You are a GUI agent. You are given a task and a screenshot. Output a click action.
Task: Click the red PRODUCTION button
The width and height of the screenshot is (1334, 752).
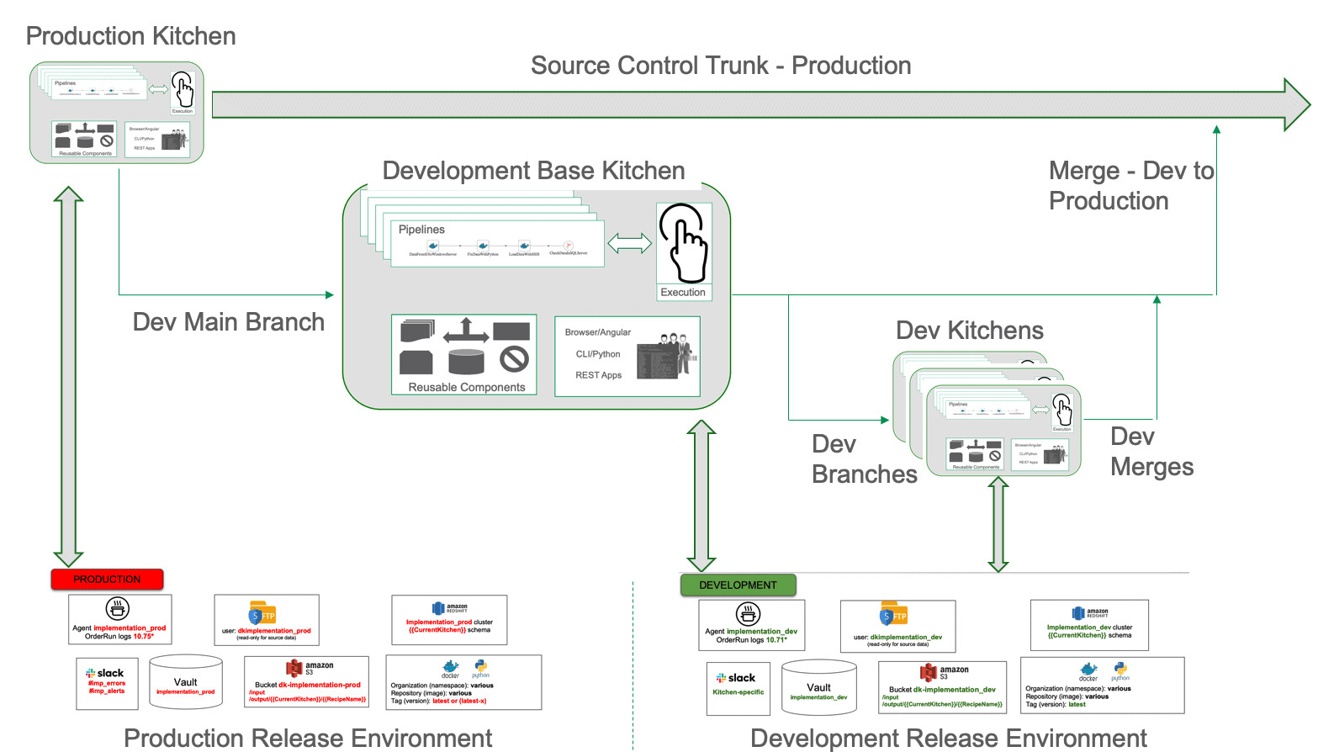(107, 580)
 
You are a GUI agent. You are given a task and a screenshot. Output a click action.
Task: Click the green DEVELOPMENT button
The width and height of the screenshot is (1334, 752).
(738, 585)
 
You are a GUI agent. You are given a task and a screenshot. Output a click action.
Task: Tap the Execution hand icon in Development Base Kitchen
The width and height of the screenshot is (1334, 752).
(684, 245)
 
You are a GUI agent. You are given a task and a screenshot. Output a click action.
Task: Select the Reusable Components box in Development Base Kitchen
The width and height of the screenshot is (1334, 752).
(464, 355)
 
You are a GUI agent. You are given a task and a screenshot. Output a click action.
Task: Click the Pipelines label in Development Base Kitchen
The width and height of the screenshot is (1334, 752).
(421, 230)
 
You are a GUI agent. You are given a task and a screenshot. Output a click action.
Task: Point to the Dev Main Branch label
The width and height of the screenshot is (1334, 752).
(228, 322)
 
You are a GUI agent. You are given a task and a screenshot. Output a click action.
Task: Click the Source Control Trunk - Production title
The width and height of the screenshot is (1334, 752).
(721, 66)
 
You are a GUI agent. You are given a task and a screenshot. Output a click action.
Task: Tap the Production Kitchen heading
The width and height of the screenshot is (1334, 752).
(130, 36)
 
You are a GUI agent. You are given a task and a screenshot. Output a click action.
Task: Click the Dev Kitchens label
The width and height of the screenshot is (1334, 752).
(969, 331)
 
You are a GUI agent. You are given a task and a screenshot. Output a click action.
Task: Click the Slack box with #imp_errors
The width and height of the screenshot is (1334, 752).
(107, 683)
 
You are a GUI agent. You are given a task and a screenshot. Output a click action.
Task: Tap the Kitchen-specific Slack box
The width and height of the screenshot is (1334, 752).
(738, 688)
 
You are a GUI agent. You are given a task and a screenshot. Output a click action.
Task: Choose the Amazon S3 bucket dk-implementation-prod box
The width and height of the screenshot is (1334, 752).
(307, 682)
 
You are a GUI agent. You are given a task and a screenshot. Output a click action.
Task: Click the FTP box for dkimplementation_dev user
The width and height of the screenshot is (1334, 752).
(897, 626)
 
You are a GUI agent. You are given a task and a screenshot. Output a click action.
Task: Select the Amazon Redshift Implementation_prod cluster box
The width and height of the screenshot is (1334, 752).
(449, 620)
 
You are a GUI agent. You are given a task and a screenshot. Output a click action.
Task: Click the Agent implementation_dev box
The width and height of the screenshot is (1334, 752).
(751, 625)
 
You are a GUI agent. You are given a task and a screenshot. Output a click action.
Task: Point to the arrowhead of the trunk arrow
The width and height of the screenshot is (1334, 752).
(1296, 105)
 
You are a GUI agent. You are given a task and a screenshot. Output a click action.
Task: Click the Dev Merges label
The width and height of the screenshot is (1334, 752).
(1151, 452)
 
